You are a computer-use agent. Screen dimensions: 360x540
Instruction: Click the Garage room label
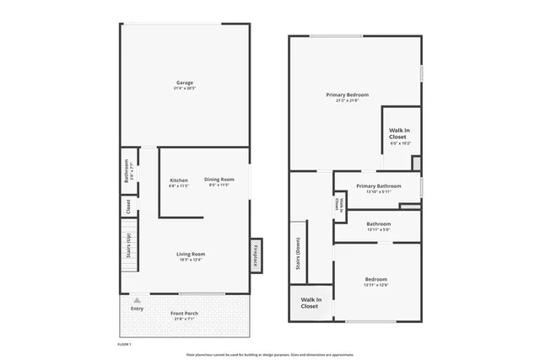[185, 83]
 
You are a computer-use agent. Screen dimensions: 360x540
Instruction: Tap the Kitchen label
[179, 180]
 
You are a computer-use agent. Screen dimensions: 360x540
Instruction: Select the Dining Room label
[219, 179]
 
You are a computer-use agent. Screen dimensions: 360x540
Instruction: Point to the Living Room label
[192, 254]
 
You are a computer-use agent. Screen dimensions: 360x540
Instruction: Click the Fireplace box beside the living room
[256, 255]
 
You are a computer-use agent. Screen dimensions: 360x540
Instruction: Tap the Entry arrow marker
[137, 299]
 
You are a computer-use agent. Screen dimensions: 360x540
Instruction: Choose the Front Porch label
[184, 314]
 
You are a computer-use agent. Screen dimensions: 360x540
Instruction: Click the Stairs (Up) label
[128, 245]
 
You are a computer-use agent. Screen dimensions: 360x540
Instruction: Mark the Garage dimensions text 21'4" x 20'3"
[185, 88]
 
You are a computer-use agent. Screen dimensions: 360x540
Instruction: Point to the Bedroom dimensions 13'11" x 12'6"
[376, 284]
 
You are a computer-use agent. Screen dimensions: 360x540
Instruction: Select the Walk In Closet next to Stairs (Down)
[310, 303]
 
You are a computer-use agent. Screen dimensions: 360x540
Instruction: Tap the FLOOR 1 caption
[124, 344]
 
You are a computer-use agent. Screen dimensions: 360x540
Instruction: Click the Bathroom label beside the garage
[127, 171]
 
